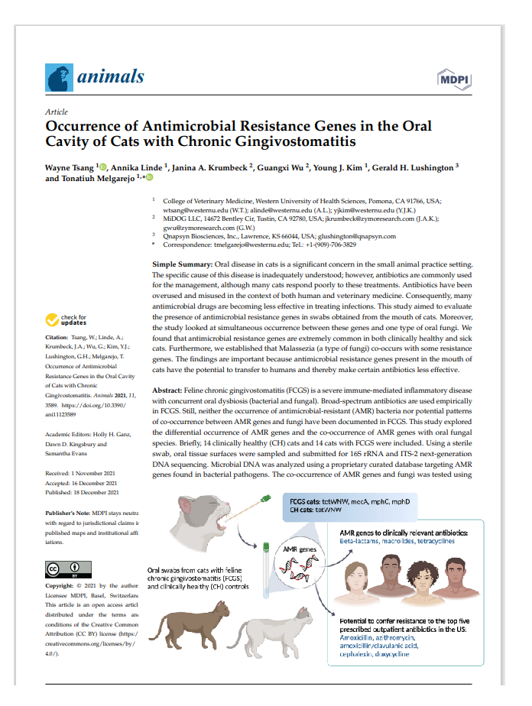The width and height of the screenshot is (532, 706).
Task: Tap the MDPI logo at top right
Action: (x=453, y=78)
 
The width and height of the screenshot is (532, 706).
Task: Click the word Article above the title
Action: (x=57, y=112)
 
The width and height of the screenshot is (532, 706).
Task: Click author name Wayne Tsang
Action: (x=70, y=167)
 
